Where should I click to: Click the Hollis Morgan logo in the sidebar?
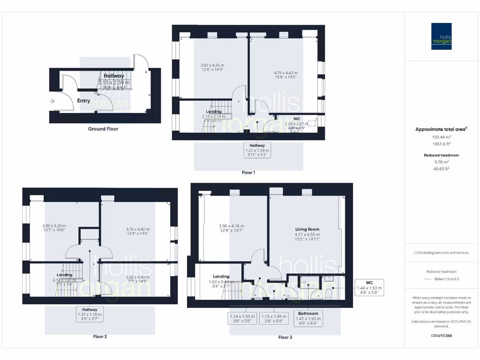tap(442, 37)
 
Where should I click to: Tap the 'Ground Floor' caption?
tap(103, 129)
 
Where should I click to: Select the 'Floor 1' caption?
tap(248, 172)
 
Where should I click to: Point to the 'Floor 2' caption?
tap(100, 337)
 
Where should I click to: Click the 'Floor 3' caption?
tap(285, 337)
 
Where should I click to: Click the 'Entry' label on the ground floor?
tap(83, 101)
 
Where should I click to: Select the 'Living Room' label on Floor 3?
tap(307, 229)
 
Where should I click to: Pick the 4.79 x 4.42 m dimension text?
tap(285, 73)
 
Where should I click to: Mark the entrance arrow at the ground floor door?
tap(51, 100)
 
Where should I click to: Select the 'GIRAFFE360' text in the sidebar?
tap(442, 336)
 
